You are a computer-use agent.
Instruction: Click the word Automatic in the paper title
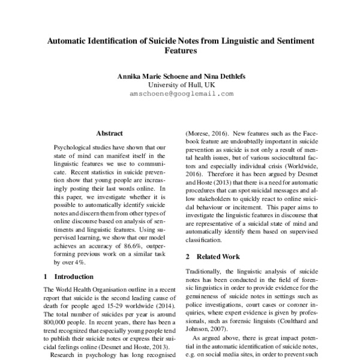68,40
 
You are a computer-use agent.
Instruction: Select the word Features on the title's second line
180,52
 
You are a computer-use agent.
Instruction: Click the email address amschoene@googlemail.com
181,94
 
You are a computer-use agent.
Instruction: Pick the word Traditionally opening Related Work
208,272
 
